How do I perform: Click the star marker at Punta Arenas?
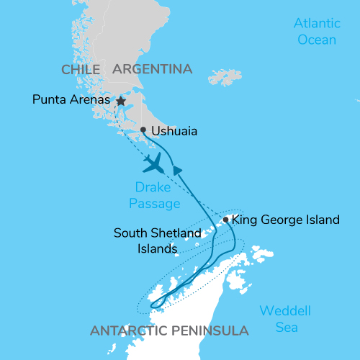[121, 102]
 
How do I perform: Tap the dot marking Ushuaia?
[143, 130]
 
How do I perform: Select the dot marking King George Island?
[226, 220]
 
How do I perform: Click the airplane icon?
[154, 163]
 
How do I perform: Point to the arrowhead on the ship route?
[176, 170]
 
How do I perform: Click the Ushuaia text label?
[176, 132]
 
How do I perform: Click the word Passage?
[155, 204]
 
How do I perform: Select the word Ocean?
[317, 40]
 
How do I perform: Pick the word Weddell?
[286, 312]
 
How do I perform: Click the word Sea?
[285, 328]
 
